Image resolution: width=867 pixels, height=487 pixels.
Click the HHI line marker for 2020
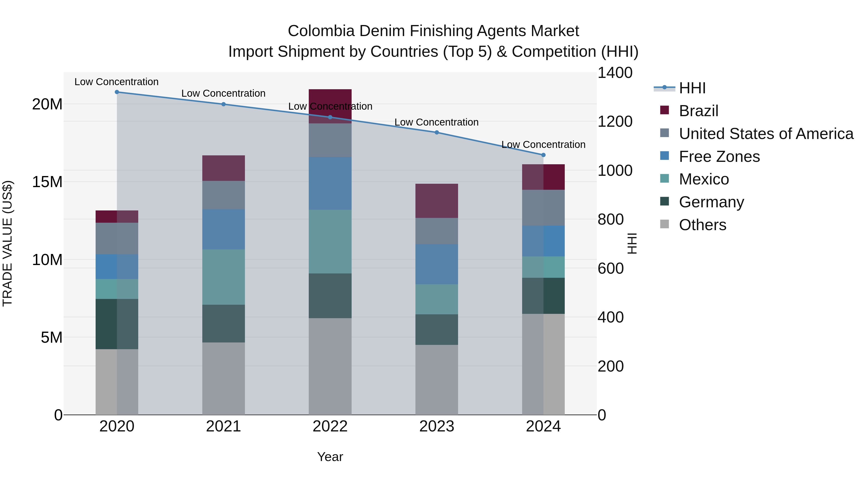pos(117,92)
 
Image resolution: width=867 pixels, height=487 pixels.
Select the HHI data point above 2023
pos(437,133)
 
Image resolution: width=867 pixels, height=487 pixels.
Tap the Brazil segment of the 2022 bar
pos(330,101)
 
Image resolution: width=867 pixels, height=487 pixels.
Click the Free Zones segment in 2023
pos(437,264)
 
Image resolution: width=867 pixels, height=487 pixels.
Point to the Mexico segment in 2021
pos(223,277)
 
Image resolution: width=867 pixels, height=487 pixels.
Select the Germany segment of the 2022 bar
pos(330,296)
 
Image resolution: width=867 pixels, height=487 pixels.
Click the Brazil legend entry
pos(698,111)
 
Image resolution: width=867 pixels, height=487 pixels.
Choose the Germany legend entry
pos(711,202)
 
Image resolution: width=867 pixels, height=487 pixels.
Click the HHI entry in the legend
pos(692,88)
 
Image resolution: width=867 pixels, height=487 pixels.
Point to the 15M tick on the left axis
pos(47,182)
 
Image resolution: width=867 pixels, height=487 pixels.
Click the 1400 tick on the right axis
pos(615,73)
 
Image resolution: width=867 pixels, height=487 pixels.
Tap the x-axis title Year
pos(330,457)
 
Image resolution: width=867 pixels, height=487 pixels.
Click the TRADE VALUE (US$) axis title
pos(7,243)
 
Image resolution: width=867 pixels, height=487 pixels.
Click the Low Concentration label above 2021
pos(223,94)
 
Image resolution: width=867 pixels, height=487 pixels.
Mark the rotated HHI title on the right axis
pos(632,243)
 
